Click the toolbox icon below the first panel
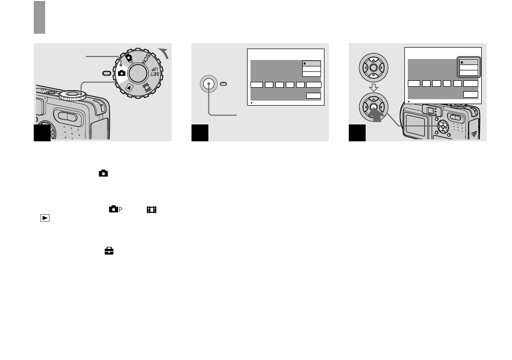point(109,251)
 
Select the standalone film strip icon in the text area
point(151,210)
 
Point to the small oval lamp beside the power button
point(224,85)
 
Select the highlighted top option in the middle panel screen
point(312,63)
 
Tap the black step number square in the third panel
point(357,133)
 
